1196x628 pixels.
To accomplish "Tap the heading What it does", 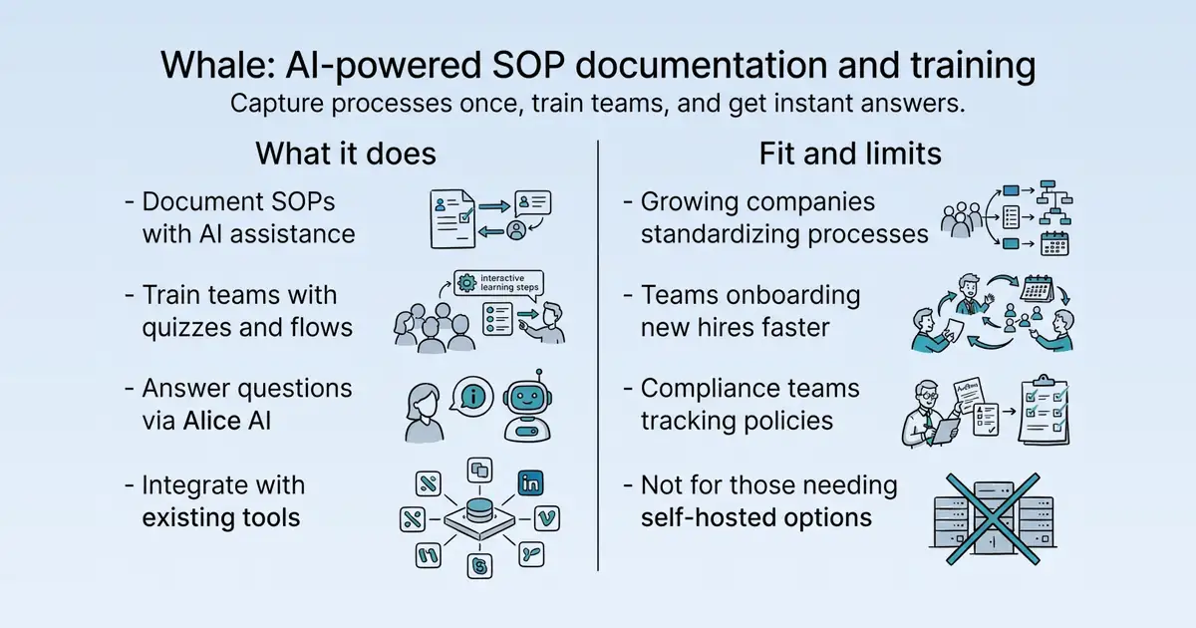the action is [x=346, y=154].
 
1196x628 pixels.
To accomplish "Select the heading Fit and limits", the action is [x=850, y=154].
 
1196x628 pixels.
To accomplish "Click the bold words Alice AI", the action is [x=227, y=421].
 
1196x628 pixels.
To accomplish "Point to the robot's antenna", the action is [x=539, y=376].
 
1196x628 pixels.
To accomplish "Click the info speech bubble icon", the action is [x=472, y=396].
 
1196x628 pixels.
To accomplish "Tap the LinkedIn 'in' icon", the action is [x=530, y=483].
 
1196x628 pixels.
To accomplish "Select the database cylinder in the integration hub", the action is [x=479, y=510].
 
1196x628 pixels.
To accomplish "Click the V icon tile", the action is [x=547, y=518].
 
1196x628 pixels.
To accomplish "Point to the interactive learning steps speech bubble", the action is [x=498, y=283].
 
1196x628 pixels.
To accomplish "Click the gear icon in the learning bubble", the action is [x=467, y=282].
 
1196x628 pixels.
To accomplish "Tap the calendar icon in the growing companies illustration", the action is [x=1054, y=243].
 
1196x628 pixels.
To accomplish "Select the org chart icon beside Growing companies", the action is [x=1054, y=203].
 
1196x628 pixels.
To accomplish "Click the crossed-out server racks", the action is [x=993, y=518].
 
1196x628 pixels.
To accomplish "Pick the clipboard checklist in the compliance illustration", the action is [x=1044, y=410].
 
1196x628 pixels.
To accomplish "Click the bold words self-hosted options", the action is [x=756, y=517].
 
